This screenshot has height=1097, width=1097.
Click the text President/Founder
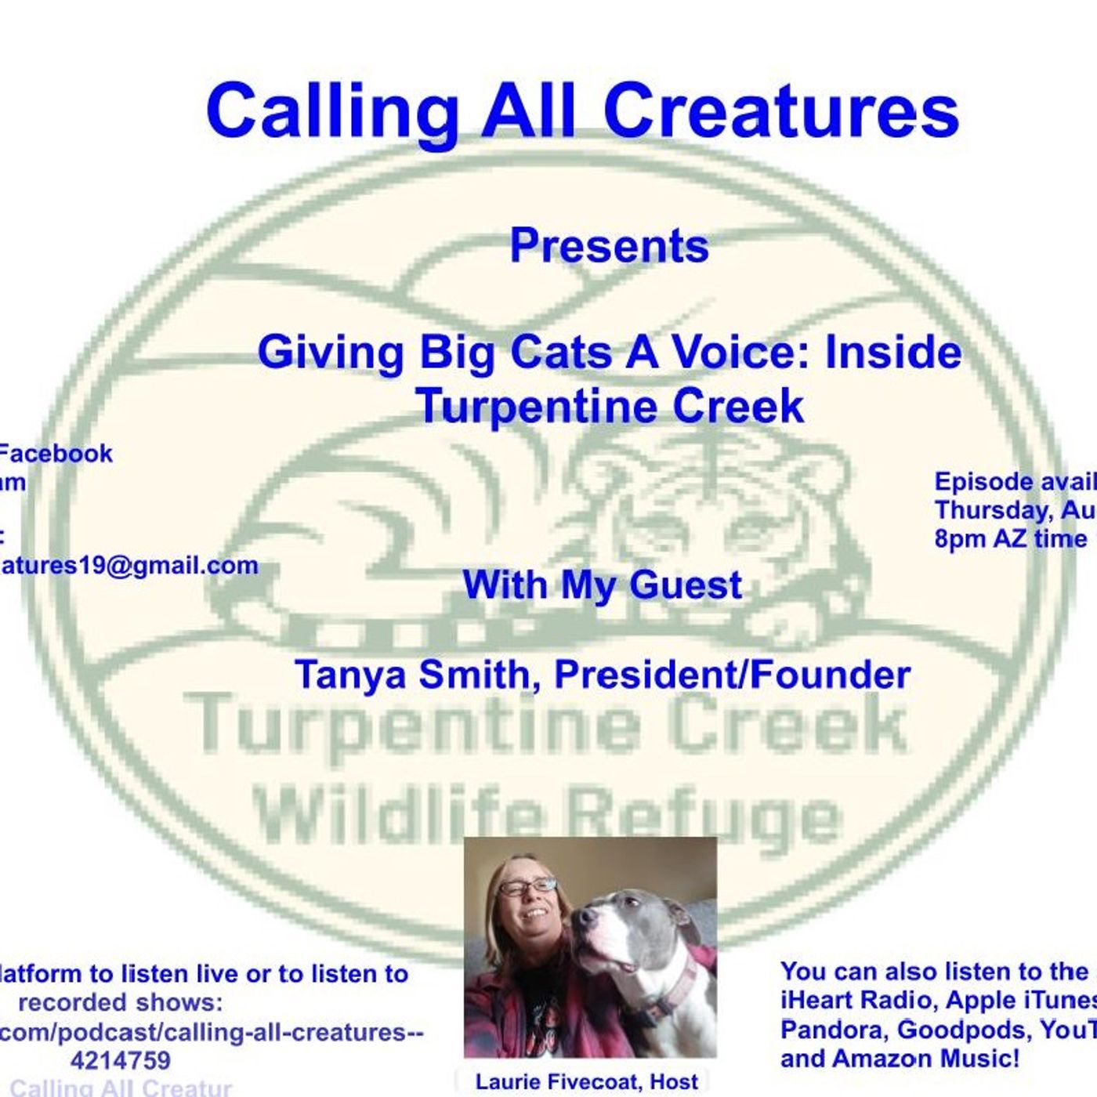pos(732,675)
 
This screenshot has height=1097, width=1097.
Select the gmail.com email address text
pos(129,565)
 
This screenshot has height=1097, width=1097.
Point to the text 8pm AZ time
pos(1011,539)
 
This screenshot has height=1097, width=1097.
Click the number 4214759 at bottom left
pos(120,1060)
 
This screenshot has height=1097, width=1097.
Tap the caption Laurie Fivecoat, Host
pos(586,1081)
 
